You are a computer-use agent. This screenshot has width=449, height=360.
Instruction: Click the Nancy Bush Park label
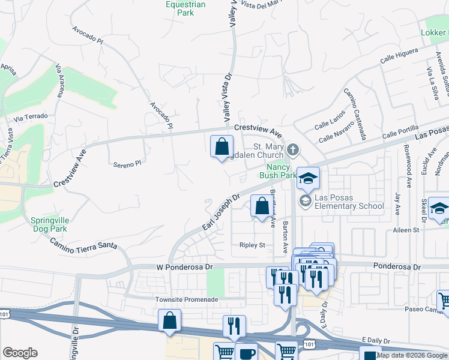point(278,172)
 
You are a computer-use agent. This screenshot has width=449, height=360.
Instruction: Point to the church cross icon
point(293,149)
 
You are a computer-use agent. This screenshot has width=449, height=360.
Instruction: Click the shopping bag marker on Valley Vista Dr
point(221,146)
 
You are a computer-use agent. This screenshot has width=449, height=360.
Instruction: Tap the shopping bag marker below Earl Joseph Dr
point(262,207)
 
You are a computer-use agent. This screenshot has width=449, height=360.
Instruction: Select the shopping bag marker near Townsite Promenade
point(170,320)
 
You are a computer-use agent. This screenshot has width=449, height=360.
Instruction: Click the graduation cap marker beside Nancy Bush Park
point(309,178)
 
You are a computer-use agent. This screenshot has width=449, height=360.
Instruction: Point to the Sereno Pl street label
point(127,163)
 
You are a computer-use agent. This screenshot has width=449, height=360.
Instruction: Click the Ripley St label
point(253,245)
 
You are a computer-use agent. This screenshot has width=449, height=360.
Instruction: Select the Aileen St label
point(406,230)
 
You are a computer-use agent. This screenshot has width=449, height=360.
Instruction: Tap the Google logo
point(20,353)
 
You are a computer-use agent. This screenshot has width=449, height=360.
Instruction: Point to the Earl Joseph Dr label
point(220,212)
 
